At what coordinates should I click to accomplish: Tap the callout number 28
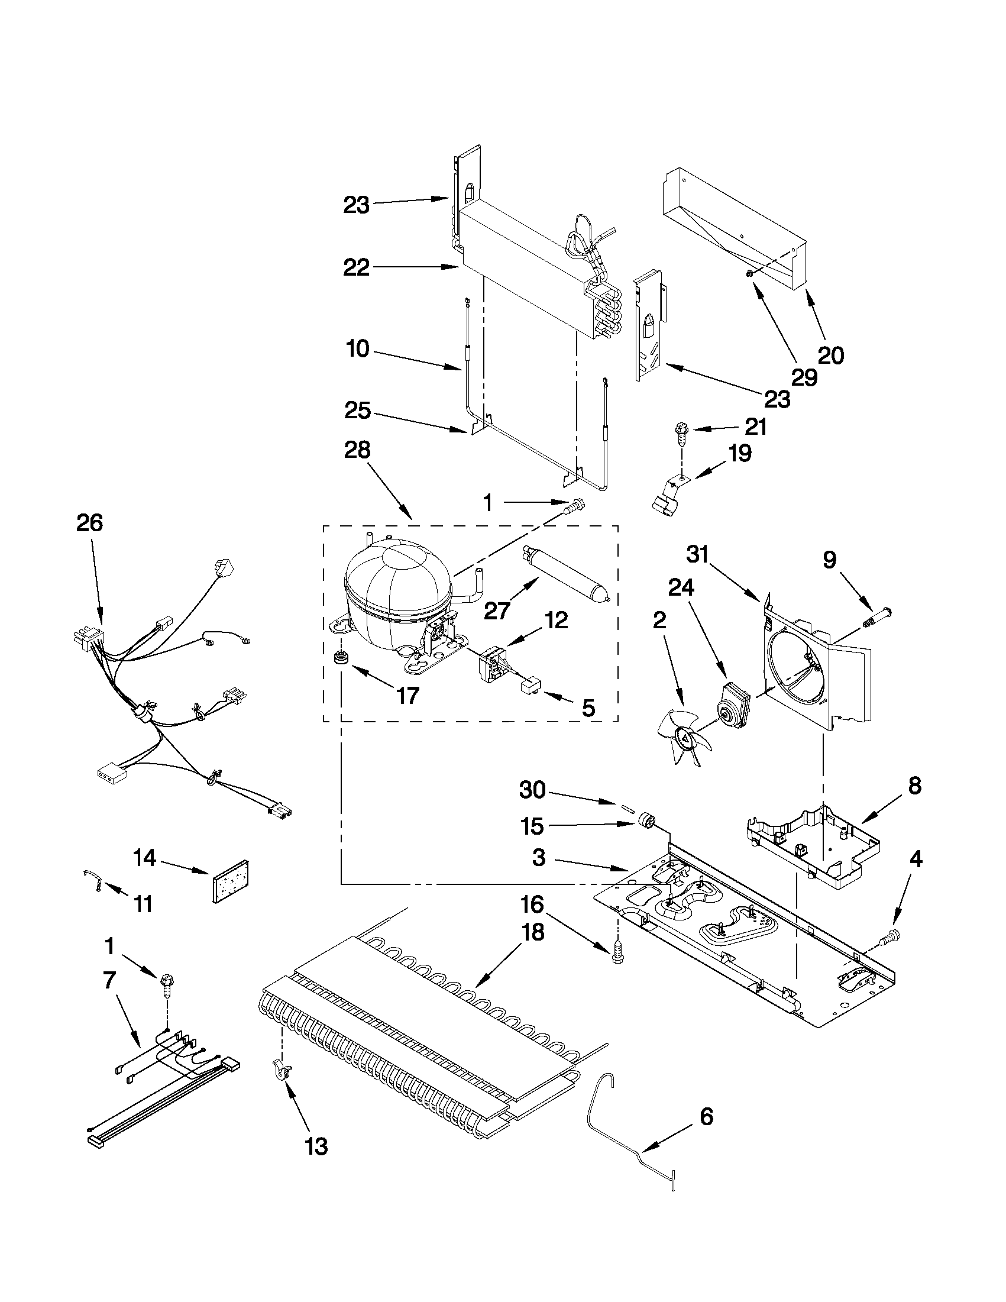[357, 450]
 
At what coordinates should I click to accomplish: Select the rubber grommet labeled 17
[342, 660]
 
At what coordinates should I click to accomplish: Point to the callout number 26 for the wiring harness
[89, 523]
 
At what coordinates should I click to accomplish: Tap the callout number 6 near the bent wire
[706, 1116]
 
